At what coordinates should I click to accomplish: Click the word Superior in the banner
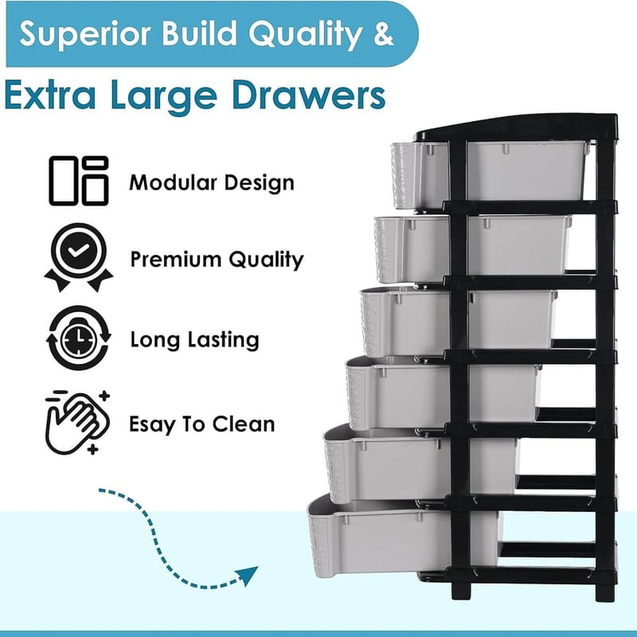pos(85,34)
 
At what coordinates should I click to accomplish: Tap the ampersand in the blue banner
pos(383,33)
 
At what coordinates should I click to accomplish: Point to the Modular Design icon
pos(79,181)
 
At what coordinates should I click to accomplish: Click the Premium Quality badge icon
pos(78,257)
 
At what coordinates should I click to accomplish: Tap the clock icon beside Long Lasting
pos(78,338)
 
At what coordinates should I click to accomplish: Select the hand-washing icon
pos(77,423)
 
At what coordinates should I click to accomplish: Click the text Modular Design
pos(212,182)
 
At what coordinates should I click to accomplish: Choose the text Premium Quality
pos(217,260)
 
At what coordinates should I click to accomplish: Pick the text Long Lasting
pos(194,340)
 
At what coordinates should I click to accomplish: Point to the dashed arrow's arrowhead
pos(248,575)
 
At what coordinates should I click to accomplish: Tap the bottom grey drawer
pos(404,537)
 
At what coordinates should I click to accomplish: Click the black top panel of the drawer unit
pos(516,128)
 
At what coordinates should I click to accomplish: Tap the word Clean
pos(244,424)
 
